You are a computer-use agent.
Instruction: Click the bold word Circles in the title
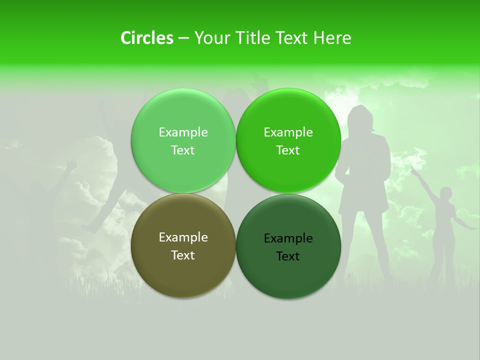[x=146, y=38]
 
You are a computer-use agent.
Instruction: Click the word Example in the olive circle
[x=183, y=237]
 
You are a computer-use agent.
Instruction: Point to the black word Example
[x=288, y=238]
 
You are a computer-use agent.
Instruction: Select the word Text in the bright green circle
[x=288, y=150]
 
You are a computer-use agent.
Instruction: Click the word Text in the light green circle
[x=183, y=150]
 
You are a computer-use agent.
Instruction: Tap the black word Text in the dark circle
[x=288, y=256]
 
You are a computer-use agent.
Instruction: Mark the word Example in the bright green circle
[x=288, y=132]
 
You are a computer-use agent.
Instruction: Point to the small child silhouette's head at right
[x=445, y=193]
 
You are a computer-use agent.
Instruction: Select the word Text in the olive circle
[x=183, y=255]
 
